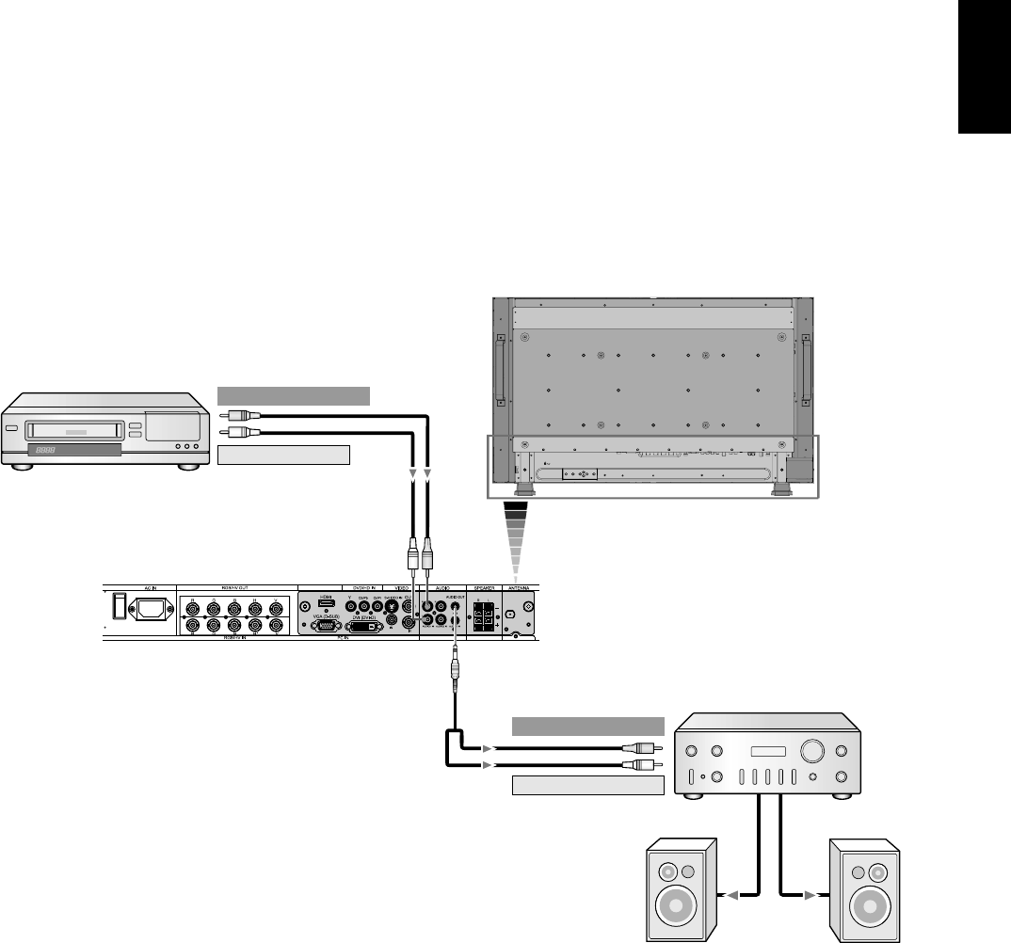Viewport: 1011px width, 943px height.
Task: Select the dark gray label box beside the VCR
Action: (294, 394)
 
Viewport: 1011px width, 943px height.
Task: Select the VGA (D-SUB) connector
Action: (325, 625)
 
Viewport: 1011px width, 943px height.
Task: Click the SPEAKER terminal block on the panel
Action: (484, 619)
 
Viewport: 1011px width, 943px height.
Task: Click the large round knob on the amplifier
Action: (811, 751)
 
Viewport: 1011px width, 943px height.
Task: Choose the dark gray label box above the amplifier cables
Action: (588, 726)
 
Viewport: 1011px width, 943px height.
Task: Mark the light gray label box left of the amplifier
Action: (588, 786)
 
